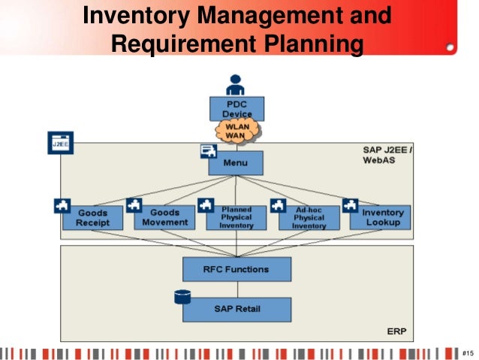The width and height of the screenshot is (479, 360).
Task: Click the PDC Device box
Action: tap(236, 108)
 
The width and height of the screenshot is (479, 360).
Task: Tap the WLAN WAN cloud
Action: tap(238, 132)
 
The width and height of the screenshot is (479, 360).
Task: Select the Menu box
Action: tap(236, 163)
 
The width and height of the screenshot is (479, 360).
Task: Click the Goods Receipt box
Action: tap(92, 217)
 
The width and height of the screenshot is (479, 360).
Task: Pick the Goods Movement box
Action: tap(164, 217)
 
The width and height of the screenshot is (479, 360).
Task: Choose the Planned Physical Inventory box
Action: tap(236, 217)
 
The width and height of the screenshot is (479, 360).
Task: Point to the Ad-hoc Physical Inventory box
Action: tap(309, 217)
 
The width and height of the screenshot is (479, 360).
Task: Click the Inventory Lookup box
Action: tap(380, 217)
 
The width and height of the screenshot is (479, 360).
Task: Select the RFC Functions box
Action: tap(236, 269)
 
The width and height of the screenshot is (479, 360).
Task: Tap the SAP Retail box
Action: tap(236, 310)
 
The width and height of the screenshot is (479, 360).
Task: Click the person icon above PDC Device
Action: tap(235, 85)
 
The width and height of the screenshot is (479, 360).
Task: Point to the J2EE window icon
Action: tap(61, 143)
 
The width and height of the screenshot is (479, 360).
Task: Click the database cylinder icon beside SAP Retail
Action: tap(182, 297)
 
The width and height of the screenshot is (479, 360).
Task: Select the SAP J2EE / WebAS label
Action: tap(387, 155)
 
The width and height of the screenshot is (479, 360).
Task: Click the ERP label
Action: tap(396, 331)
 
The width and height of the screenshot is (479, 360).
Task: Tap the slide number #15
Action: tap(468, 353)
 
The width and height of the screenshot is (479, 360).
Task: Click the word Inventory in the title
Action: tap(136, 16)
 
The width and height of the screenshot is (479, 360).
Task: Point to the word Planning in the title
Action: tap(314, 44)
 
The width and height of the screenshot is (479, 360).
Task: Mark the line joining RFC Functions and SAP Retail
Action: tap(237, 289)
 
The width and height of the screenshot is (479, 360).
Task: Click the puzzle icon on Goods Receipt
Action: tap(62, 205)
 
